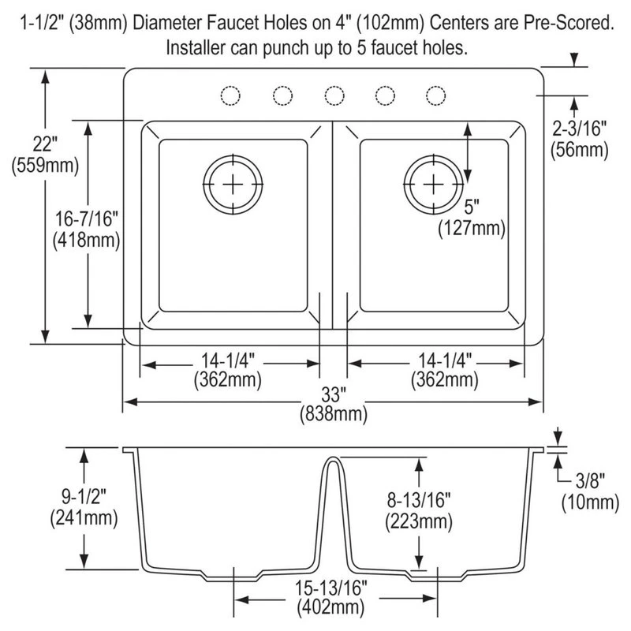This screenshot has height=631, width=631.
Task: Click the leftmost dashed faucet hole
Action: point(230,95)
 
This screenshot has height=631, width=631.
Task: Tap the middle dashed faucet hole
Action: point(334,95)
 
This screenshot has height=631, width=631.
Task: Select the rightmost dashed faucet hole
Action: point(436,95)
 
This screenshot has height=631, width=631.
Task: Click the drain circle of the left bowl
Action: point(233,185)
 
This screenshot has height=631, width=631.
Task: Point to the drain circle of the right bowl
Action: point(433,185)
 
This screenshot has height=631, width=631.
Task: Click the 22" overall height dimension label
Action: point(45,155)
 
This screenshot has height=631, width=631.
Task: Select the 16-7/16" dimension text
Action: point(87,230)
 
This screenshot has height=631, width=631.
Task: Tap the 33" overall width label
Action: point(331,395)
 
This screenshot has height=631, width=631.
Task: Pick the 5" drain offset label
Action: point(472,207)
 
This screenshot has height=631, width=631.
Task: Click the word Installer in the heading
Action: point(196,47)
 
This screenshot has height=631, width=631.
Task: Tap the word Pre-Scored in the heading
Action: point(569,23)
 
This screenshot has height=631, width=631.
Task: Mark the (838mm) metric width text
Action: point(334,414)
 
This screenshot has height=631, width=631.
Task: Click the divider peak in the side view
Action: point(333,457)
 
